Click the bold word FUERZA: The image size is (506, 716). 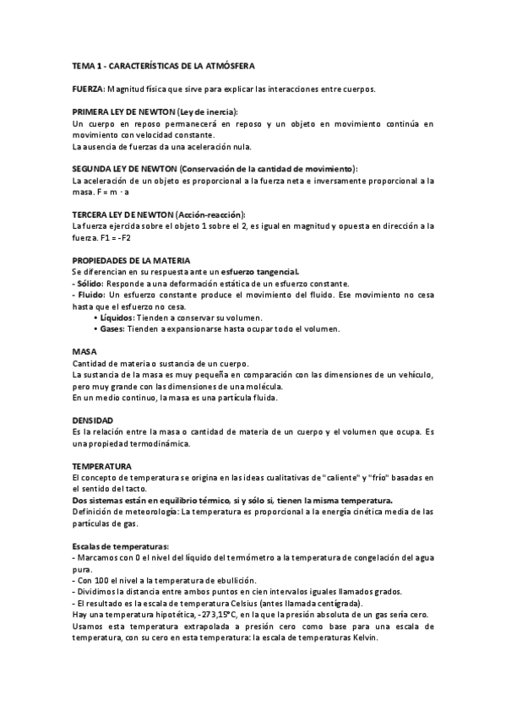89,89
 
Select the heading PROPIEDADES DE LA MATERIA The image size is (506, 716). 132,261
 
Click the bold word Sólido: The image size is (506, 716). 90,284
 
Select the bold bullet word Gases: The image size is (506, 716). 116,328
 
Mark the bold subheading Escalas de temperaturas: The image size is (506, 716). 121,545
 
